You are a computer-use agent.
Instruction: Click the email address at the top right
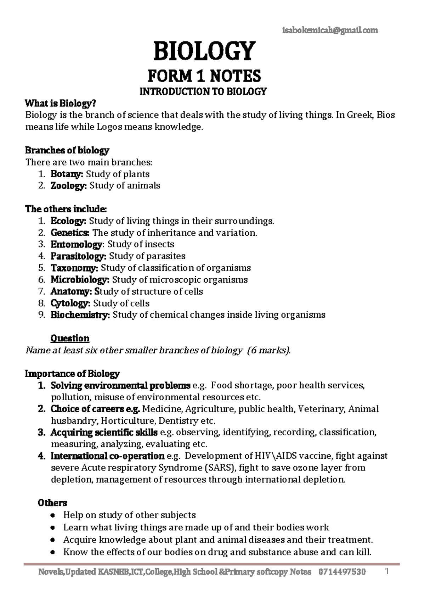point(330,30)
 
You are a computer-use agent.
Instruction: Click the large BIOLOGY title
point(204,51)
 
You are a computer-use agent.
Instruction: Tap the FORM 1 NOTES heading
point(204,76)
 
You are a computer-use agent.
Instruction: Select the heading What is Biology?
point(60,104)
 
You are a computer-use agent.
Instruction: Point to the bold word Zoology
point(68,186)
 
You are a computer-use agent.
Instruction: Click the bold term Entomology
point(76,244)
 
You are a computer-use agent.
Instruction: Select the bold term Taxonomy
point(74,268)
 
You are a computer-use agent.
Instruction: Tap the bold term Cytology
point(70,303)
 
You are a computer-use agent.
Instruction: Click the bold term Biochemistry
point(80,315)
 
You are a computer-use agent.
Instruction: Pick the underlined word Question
point(70,338)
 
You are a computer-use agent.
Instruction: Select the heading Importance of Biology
point(72,374)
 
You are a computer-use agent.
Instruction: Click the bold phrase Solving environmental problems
point(120,385)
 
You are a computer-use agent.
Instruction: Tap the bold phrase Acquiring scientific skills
point(104,433)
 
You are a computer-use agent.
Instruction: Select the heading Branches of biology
point(67,150)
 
